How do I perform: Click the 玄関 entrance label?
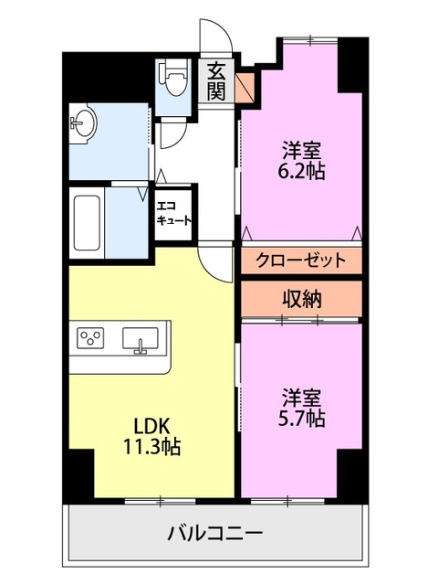(216, 80)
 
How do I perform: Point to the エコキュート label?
(173, 213)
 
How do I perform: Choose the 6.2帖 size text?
(302, 170)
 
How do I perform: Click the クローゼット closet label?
(300, 260)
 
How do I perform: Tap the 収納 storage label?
(302, 298)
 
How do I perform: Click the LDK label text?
(154, 427)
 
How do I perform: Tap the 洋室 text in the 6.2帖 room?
(302, 149)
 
